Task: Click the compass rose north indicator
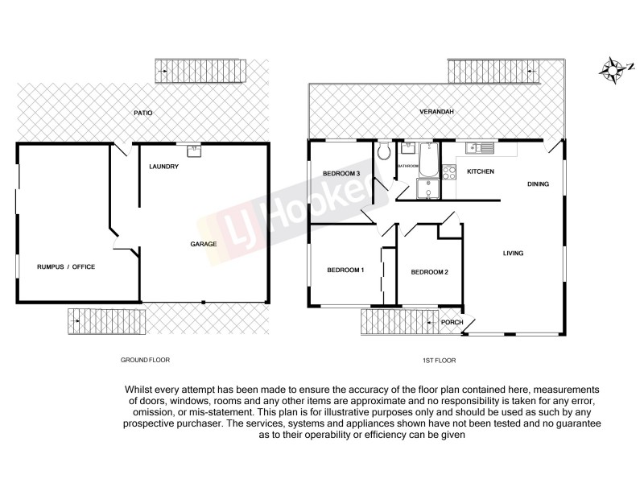(615, 70)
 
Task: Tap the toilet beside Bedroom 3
(384, 152)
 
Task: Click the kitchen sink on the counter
(483, 147)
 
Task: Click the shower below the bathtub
(427, 188)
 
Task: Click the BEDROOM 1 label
(345, 270)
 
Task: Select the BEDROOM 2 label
(429, 272)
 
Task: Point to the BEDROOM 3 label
(341, 174)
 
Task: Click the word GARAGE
(203, 243)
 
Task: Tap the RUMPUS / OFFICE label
(66, 266)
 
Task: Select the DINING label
(538, 184)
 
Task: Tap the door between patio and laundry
(120, 149)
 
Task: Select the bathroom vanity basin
(404, 149)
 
